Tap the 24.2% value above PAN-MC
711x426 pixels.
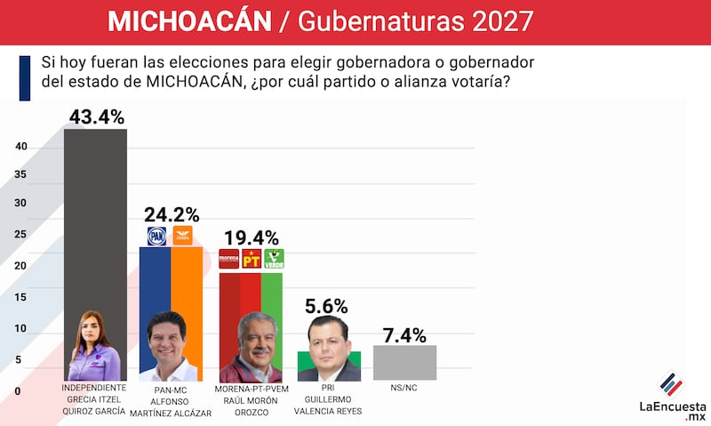(171, 214)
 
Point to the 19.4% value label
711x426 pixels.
(251, 238)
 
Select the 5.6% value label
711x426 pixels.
(328, 304)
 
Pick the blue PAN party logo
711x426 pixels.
(156, 237)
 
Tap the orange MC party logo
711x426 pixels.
(185, 237)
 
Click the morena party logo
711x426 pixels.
(229, 260)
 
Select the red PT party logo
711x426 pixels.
(252, 260)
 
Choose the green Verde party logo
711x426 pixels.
(274, 260)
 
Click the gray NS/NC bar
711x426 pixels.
(404, 363)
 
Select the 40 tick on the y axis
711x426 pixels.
(20, 147)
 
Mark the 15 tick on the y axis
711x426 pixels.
(20, 297)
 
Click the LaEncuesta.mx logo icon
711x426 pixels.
(671, 385)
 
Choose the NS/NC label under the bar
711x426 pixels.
(404, 389)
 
